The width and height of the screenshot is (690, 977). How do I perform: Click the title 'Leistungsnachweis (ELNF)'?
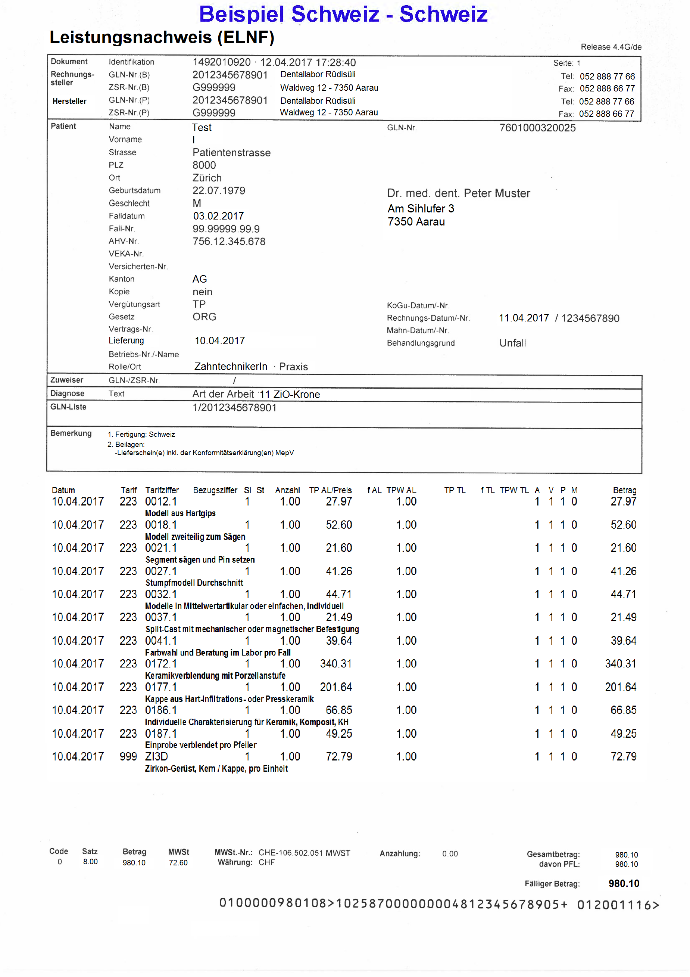click(162, 37)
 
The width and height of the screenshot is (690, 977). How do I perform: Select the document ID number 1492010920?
click(222, 62)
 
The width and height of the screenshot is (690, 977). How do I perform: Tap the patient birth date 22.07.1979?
click(219, 191)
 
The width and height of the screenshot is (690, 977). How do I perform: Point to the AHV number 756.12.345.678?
click(229, 241)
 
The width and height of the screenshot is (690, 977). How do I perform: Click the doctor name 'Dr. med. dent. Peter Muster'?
click(458, 194)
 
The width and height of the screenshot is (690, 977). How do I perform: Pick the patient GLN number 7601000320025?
click(537, 128)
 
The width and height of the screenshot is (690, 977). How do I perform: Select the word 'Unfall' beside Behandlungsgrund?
click(512, 343)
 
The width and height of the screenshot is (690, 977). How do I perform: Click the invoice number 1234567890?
click(590, 318)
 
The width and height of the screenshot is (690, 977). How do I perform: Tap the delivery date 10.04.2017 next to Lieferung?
click(219, 341)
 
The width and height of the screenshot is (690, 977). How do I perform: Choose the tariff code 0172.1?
click(161, 664)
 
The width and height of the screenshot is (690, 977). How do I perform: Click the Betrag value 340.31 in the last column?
click(620, 664)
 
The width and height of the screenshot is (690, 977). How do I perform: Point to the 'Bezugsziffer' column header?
click(215, 490)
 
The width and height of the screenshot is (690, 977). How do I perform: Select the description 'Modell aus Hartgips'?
click(180, 513)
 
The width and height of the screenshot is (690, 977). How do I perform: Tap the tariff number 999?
click(128, 757)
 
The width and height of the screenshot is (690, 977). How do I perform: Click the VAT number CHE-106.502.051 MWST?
click(304, 853)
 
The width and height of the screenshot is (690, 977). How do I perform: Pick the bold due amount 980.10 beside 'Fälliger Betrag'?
click(624, 884)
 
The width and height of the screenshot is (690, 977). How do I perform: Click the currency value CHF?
click(266, 862)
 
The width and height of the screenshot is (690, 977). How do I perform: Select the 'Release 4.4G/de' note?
click(611, 47)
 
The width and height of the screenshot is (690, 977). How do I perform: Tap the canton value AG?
click(200, 279)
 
